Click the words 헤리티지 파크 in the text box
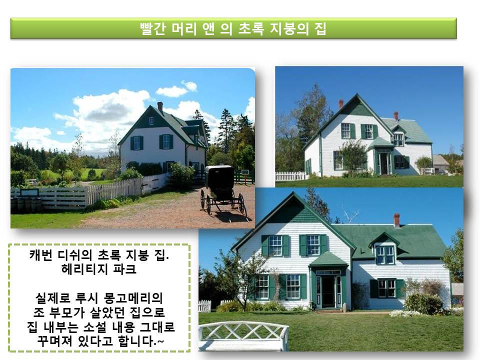tap(98, 269)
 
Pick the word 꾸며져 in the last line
tap(55, 340)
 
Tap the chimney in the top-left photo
tap(160, 107)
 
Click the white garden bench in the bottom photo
tap(243, 336)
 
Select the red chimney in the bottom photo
tap(396, 220)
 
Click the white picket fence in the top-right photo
tap(290, 176)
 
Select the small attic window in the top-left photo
tap(151, 121)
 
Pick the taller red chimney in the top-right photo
tap(340, 104)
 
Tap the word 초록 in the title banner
tap(251, 29)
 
